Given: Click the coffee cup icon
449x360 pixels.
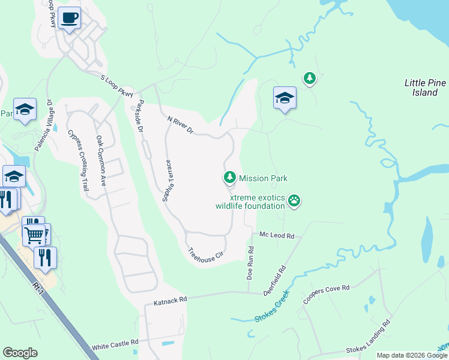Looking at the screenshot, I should tap(70, 18).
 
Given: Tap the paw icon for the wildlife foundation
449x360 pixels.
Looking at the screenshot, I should tap(294, 200).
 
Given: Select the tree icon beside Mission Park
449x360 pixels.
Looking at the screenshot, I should tap(229, 178).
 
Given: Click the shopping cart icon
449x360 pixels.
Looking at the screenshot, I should tap(34, 234).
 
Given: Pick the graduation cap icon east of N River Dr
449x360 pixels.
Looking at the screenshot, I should tap(285, 98).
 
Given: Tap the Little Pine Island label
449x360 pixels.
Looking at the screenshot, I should tap(424, 88).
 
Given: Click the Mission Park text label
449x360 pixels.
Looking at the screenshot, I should tap(263, 178).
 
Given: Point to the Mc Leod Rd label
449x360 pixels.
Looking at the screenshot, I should tap(277, 236).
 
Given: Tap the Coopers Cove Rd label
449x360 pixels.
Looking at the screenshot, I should tap(326, 293).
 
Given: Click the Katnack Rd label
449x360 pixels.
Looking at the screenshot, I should tap(170, 298).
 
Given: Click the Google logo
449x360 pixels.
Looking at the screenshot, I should tap(20, 353).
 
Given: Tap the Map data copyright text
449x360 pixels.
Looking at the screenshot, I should tap(412, 355).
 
